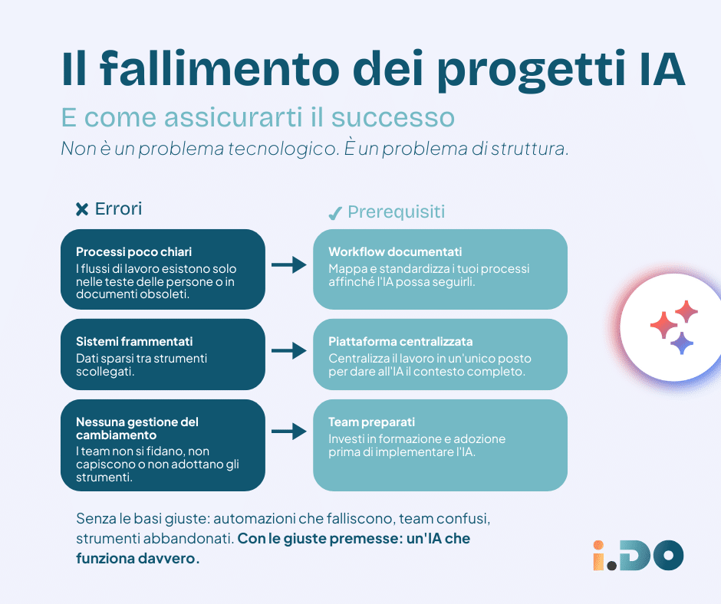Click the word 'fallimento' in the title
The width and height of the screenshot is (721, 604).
pos(219,68)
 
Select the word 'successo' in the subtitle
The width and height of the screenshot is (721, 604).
pos(393,117)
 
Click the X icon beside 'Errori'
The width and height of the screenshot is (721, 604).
pos(82,209)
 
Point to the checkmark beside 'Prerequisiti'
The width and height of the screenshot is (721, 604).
pos(334,213)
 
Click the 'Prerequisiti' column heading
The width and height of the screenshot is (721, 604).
pos(397,212)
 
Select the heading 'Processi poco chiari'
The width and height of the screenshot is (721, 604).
pos(133,252)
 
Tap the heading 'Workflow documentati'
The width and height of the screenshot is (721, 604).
pos(395,252)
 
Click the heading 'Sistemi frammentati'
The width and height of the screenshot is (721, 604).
pos(134,342)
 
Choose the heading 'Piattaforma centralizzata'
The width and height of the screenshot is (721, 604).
pos(400,342)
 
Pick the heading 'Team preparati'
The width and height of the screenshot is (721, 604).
pos(371,422)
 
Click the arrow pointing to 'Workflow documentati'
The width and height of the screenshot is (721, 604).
pos(288,264)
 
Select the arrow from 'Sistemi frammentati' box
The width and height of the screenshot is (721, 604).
pos(288,351)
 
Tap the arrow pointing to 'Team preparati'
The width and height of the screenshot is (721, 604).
pos(288,432)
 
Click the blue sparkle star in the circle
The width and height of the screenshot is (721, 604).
pos(681,343)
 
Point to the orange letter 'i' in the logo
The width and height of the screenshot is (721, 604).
pos(598,555)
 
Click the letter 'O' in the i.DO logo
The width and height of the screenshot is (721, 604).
pos(668,555)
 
